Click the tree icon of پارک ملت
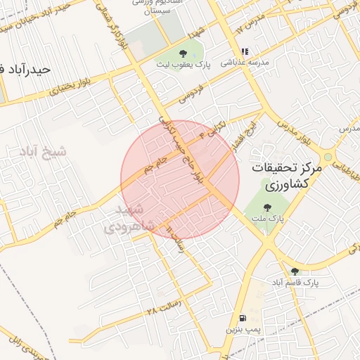(x=267, y=207)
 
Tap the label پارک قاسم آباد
(x=295, y=282)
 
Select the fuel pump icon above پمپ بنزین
(x=243, y=317)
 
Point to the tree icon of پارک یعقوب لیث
(x=183, y=53)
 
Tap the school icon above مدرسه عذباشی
(x=245, y=51)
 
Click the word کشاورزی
(x=289, y=186)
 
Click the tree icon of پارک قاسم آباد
(x=295, y=271)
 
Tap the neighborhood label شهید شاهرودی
(x=127, y=218)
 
